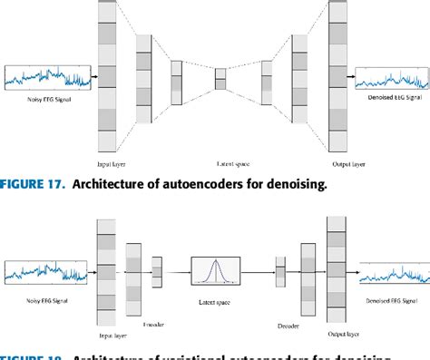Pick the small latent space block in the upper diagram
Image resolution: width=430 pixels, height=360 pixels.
(x=220, y=80)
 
